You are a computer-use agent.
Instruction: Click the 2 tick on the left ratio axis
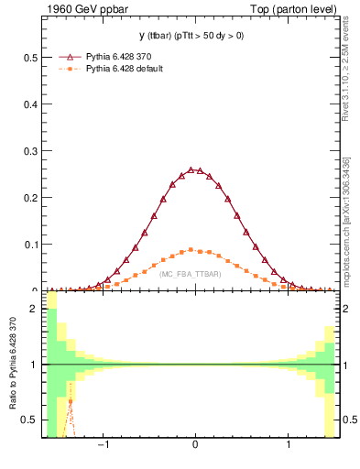36,309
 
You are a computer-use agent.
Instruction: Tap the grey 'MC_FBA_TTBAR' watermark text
190,274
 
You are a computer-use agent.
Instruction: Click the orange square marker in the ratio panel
70,401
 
